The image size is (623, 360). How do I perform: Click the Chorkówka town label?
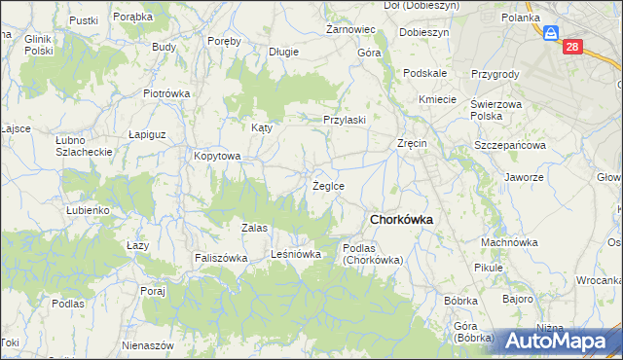click(x=400, y=219)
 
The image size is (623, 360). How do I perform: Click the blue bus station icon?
click(x=551, y=34)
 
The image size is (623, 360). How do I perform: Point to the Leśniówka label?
click(x=296, y=255)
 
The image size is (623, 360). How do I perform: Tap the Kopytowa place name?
click(x=216, y=156)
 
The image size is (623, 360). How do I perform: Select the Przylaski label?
click(x=345, y=120)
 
